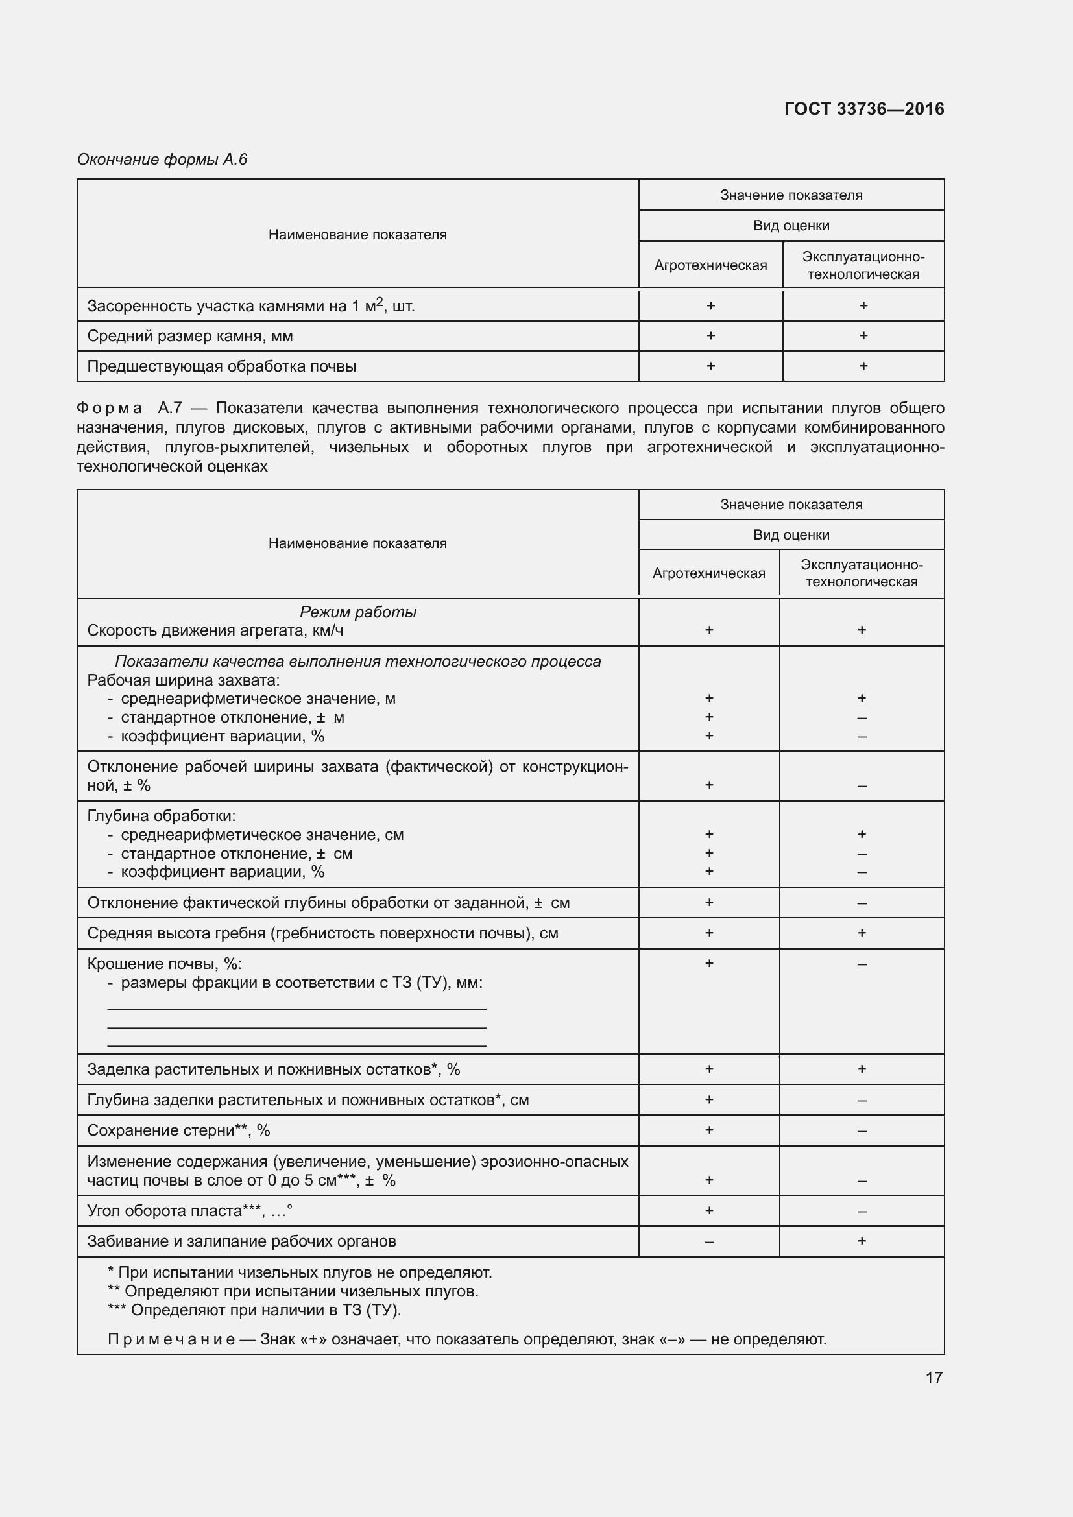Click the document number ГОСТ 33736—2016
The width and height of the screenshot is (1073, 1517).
tap(863, 109)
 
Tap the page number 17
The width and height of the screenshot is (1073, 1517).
tap(934, 1378)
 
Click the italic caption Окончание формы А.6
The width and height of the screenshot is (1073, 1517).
tap(162, 160)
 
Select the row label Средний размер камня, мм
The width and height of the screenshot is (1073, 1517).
tap(190, 337)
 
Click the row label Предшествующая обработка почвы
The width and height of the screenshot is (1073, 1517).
tap(221, 366)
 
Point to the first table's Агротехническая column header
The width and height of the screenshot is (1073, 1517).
tap(710, 265)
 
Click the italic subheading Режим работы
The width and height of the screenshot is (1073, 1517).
tap(357, 612)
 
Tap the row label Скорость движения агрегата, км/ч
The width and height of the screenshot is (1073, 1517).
tap(215, 630)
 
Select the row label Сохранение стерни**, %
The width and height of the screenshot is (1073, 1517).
tap(178, 1130)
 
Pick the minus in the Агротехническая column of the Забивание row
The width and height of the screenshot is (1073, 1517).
tap(709, 1242)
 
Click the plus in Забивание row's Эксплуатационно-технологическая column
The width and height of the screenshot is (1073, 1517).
tap(862, 1241)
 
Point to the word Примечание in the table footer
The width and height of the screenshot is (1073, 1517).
tap(171, 1339)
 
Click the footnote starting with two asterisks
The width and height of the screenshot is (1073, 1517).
tap(293, 1291)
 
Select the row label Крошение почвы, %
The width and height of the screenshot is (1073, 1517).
tap(165, 964)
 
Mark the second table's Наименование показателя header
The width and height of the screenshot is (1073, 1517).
tap(357, 543)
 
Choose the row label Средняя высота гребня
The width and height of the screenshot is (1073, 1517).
tap(322, 933)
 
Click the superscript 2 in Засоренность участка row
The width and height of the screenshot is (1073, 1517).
tap(380, 301)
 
